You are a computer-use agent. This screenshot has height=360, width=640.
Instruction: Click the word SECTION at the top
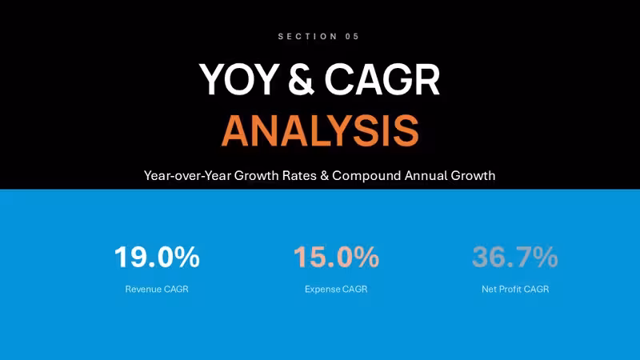point(307,36)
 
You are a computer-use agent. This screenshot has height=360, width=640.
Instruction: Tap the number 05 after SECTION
point(352,36)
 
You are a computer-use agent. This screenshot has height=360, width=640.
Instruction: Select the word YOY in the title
point(239,79)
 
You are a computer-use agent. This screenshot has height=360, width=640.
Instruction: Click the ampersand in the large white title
point(301,79)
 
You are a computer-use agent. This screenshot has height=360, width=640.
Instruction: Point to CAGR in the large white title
point(382,79)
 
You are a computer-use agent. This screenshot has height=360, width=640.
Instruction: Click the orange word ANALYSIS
point(321,130)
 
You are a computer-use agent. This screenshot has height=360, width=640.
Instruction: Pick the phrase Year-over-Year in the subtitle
point(188,175)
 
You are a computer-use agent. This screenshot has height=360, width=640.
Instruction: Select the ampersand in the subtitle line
point(325,175)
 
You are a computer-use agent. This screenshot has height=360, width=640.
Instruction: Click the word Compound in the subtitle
point(366,175)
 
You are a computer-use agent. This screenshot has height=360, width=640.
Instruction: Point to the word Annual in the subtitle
point(426,175)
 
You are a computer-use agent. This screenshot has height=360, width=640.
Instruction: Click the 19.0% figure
point(157,257)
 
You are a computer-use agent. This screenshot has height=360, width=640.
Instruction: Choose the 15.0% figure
point(336,257)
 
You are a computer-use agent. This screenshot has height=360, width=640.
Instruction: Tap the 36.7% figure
point(515,257)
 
